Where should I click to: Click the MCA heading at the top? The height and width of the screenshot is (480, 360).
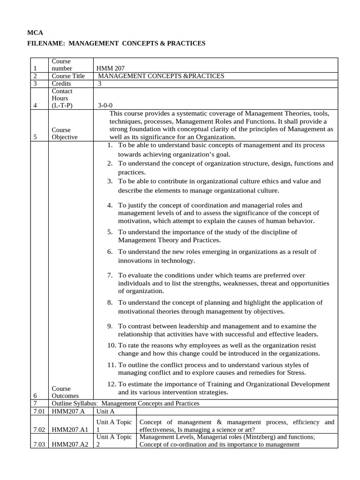point(35,33)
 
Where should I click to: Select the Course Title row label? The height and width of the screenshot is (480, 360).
point(68,76)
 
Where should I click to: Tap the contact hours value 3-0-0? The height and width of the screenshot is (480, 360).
point(105,106)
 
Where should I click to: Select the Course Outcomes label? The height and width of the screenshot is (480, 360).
point(65,392)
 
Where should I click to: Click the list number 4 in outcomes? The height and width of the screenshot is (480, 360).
point(110,205)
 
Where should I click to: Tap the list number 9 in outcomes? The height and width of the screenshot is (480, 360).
point(110,326)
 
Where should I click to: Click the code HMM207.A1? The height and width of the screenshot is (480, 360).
point(70,430)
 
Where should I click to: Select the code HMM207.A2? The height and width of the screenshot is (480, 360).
point(70,445)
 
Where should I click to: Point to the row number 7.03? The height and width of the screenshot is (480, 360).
point(39,445)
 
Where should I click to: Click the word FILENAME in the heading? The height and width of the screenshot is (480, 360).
point(46,43)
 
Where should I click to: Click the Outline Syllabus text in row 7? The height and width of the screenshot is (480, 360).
point(75,404)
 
